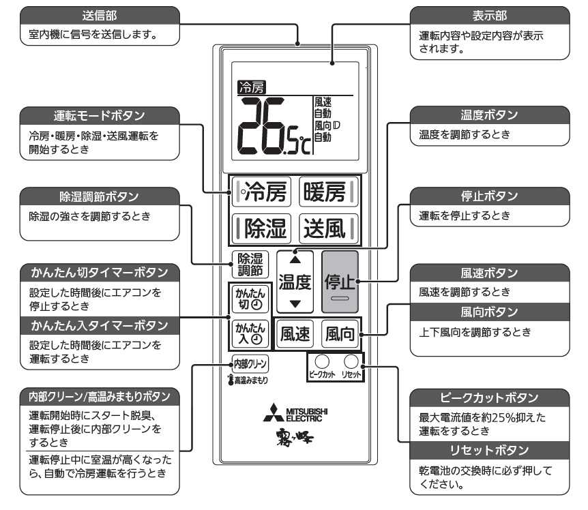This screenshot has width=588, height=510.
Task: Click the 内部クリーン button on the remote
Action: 250,363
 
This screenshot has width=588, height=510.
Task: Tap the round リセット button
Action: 351,362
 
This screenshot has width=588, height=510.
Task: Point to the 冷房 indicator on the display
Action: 252,87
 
